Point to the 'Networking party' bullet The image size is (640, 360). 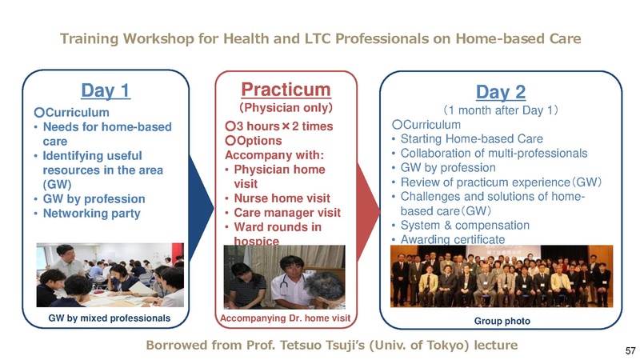tap(96, 214)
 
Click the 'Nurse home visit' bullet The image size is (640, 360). tap(281, 198)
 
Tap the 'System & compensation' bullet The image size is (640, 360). tap(463, 226)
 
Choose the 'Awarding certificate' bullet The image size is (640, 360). tap(458, 239)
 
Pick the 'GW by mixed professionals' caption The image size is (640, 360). tap(110, 318)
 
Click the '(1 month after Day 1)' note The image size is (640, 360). tap(501, 109)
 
